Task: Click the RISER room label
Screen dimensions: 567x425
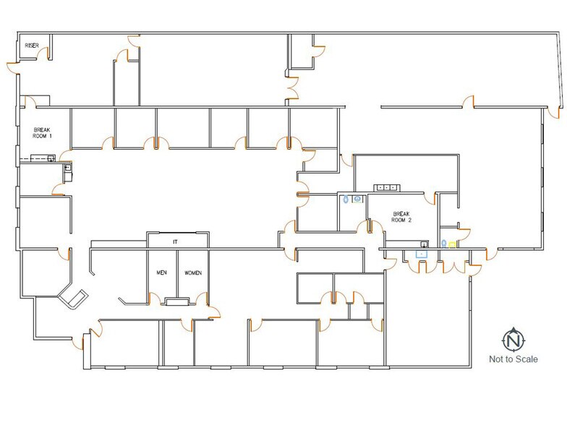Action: tap(32, 46)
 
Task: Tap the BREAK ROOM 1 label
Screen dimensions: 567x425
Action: tap(42, 133)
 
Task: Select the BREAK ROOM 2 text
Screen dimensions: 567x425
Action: tap(401, 217)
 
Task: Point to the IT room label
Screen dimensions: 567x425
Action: tap(175, 241)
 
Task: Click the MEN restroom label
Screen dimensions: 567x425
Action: tap(162, 272)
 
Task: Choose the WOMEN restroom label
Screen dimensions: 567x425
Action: tap(193, 273)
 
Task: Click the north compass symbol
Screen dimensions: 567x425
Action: tap(513, 340)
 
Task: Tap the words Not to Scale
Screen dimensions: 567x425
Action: tap(513, 359)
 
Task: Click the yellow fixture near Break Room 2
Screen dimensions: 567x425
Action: tap(453, 245)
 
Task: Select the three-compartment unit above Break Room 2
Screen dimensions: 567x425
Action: tap(386, 188)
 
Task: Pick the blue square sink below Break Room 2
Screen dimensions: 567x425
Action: tap(422, 254)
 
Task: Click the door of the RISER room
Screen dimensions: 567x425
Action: tap(43, 53)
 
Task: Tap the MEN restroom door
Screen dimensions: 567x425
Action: tap(155, 299)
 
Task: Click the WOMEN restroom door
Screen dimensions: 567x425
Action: tap(202, 299)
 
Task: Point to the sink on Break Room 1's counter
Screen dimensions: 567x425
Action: tap(51, 158)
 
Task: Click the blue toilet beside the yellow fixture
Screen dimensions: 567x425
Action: tap(444, 244)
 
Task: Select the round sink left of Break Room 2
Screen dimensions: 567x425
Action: tap(357, 199)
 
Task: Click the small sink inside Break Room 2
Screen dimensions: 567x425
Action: tap(424, 244)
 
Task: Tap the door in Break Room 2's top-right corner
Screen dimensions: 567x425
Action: tap(430, 199)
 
